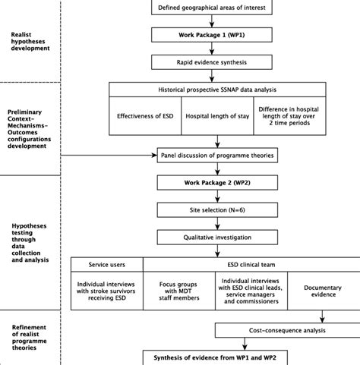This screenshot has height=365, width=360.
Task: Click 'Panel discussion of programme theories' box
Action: [x=217, y=156]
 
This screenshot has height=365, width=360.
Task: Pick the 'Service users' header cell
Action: [x=106, y=265]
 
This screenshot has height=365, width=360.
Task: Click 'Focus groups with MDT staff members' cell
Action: [x=177, y=294]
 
